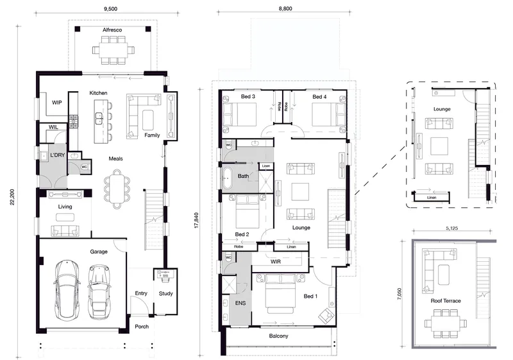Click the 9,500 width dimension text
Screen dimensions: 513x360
click(x=110, y=9)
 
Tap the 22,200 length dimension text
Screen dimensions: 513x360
click(x=12, y=197)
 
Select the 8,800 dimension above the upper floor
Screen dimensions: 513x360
click(x=285, y=8)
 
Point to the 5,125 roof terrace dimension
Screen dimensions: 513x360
click(x=451, y=228)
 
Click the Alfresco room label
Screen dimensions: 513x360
click(x=112, y=30)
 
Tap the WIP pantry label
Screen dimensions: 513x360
click(x=57, y=103)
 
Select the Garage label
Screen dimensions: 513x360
click(x=99, y=252)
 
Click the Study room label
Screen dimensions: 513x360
click(x=166, y=293)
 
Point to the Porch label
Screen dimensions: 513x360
click(x=142, y=327)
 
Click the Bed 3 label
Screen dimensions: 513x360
click(x=248, y=96)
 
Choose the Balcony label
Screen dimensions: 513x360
click(x=279, y=336)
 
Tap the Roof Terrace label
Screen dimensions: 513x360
click(x=446, y=301)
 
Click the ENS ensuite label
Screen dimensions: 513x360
click(x=240, y=303)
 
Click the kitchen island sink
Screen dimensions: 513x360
click(x=99, y=119)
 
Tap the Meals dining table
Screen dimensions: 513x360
click(x=117, y=189)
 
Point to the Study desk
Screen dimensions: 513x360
click(x=165, y=272)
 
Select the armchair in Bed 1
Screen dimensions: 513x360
click(x=326, y=315)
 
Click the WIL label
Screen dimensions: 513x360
click(x=53, y=127)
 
